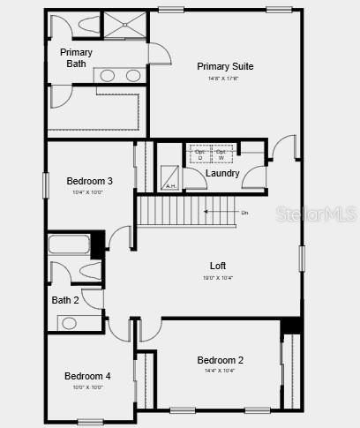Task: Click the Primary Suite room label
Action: coord(225,66)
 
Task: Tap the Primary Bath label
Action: coord(76,58)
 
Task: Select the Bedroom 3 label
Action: coord(89,181)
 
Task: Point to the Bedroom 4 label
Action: coord(87,376)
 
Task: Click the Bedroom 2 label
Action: coord(220,360)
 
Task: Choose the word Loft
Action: coord(217,266)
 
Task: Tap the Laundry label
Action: coord(222,173)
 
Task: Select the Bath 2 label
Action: coord(65,300)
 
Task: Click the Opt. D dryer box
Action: coord(199,154)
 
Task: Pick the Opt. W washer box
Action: coord(221,154)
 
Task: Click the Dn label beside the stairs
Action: coord(244,212)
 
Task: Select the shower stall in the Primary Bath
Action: coord(124,26)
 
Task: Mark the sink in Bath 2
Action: coord(69,323)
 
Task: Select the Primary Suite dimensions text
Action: coord(225,79)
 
